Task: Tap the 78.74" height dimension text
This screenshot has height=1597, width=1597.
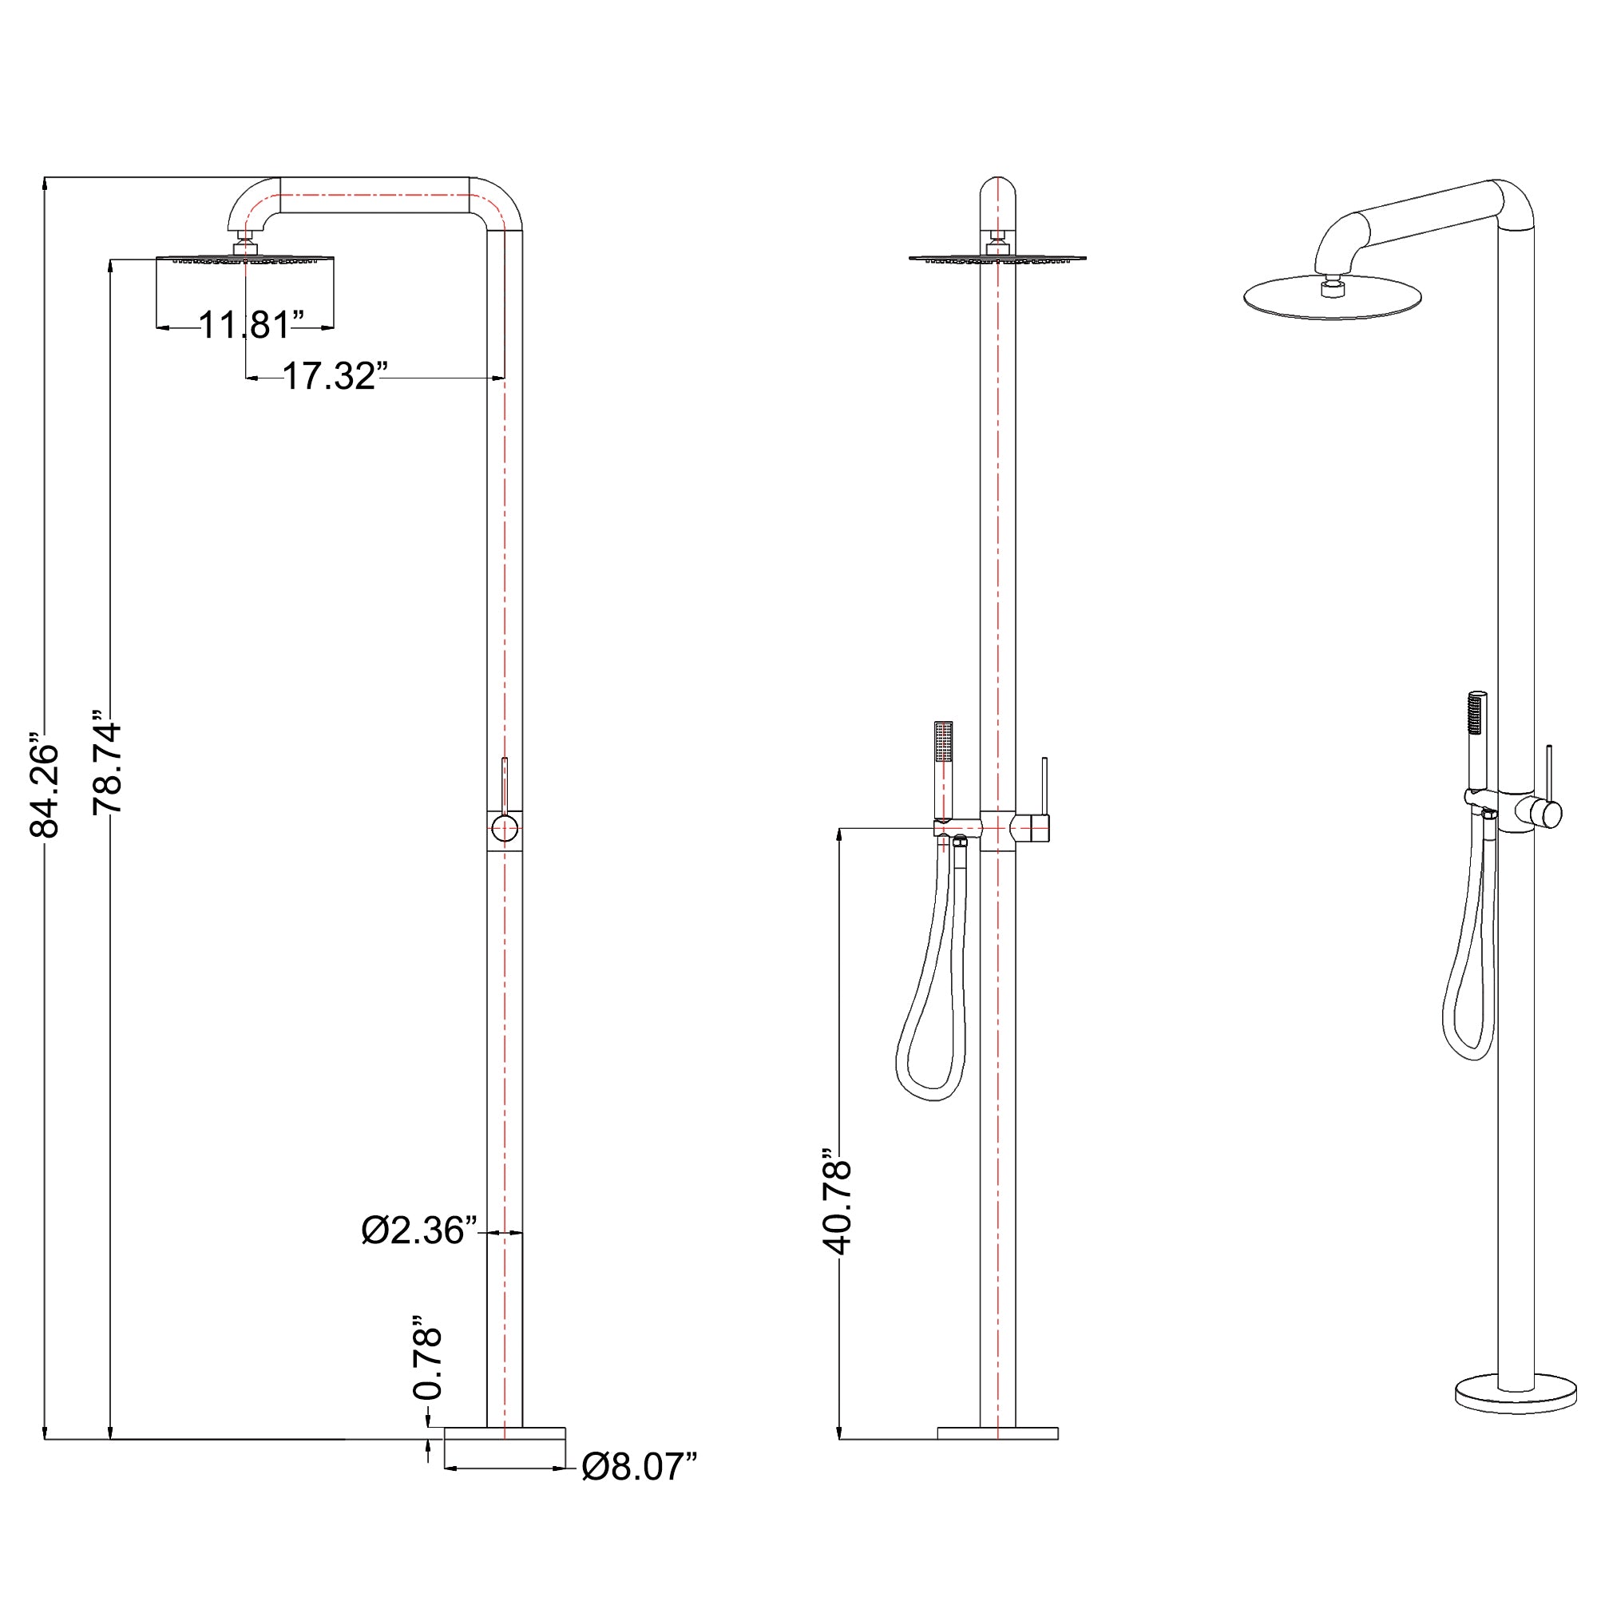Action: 108,762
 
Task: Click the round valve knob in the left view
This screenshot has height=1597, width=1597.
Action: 504,827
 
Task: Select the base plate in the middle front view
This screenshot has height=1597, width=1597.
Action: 997,1433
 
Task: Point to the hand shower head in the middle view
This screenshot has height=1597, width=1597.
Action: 942,742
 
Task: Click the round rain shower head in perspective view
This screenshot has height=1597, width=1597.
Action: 1333,297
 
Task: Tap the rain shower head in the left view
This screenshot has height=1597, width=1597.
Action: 244,260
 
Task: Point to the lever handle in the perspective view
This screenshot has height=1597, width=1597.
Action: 1549,774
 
